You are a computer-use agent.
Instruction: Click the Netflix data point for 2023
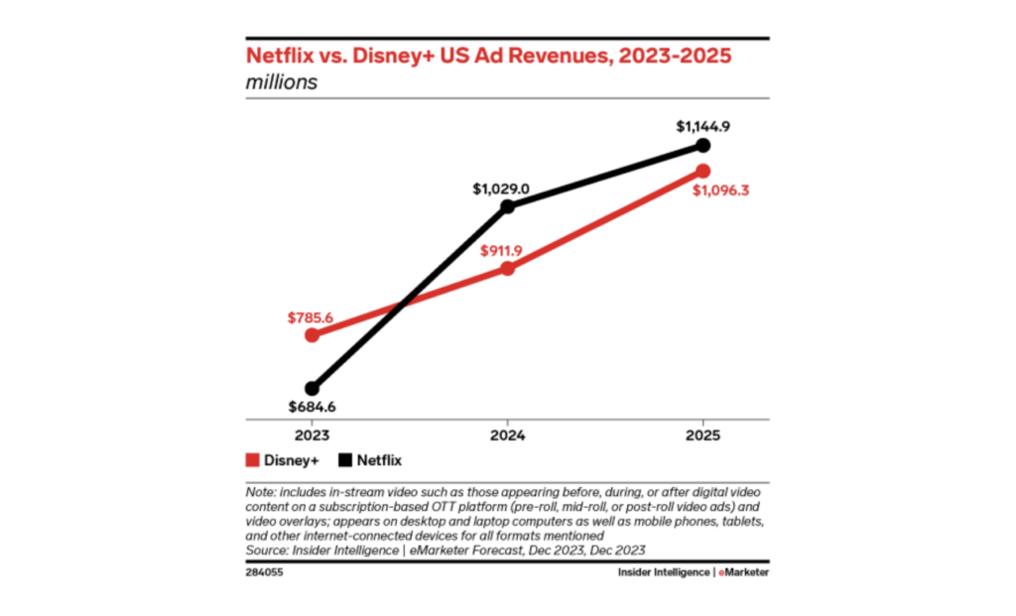313,388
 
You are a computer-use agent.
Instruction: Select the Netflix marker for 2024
508,206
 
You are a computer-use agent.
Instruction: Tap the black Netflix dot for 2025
702,146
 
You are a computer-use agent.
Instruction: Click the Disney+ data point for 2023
313,335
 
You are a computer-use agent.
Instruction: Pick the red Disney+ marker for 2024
508,268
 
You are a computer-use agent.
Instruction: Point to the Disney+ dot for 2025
702,172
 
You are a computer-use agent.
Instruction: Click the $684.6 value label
312,409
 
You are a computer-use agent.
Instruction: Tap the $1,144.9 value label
703,126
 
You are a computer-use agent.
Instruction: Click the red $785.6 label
311,317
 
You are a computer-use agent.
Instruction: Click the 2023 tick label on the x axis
313,435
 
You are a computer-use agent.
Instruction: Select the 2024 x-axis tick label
508,435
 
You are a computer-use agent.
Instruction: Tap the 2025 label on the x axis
702,435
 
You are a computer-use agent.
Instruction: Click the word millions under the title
282,82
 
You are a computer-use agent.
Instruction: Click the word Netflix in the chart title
282,56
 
